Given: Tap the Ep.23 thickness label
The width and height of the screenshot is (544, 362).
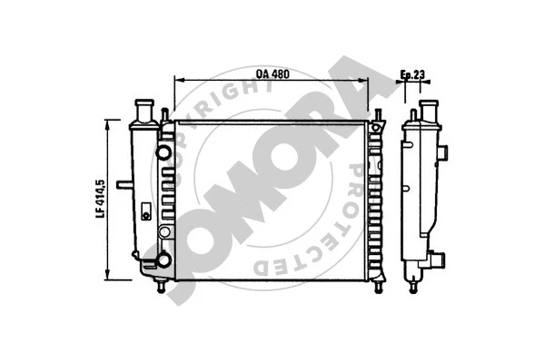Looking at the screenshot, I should [x=414, y=74].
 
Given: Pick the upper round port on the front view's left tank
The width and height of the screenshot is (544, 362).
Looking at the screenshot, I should [x=163, y=152].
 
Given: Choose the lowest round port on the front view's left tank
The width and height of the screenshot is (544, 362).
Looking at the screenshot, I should [x=163, y=260].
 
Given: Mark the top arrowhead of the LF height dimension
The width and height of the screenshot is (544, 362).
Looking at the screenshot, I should [x=109, y=130].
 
